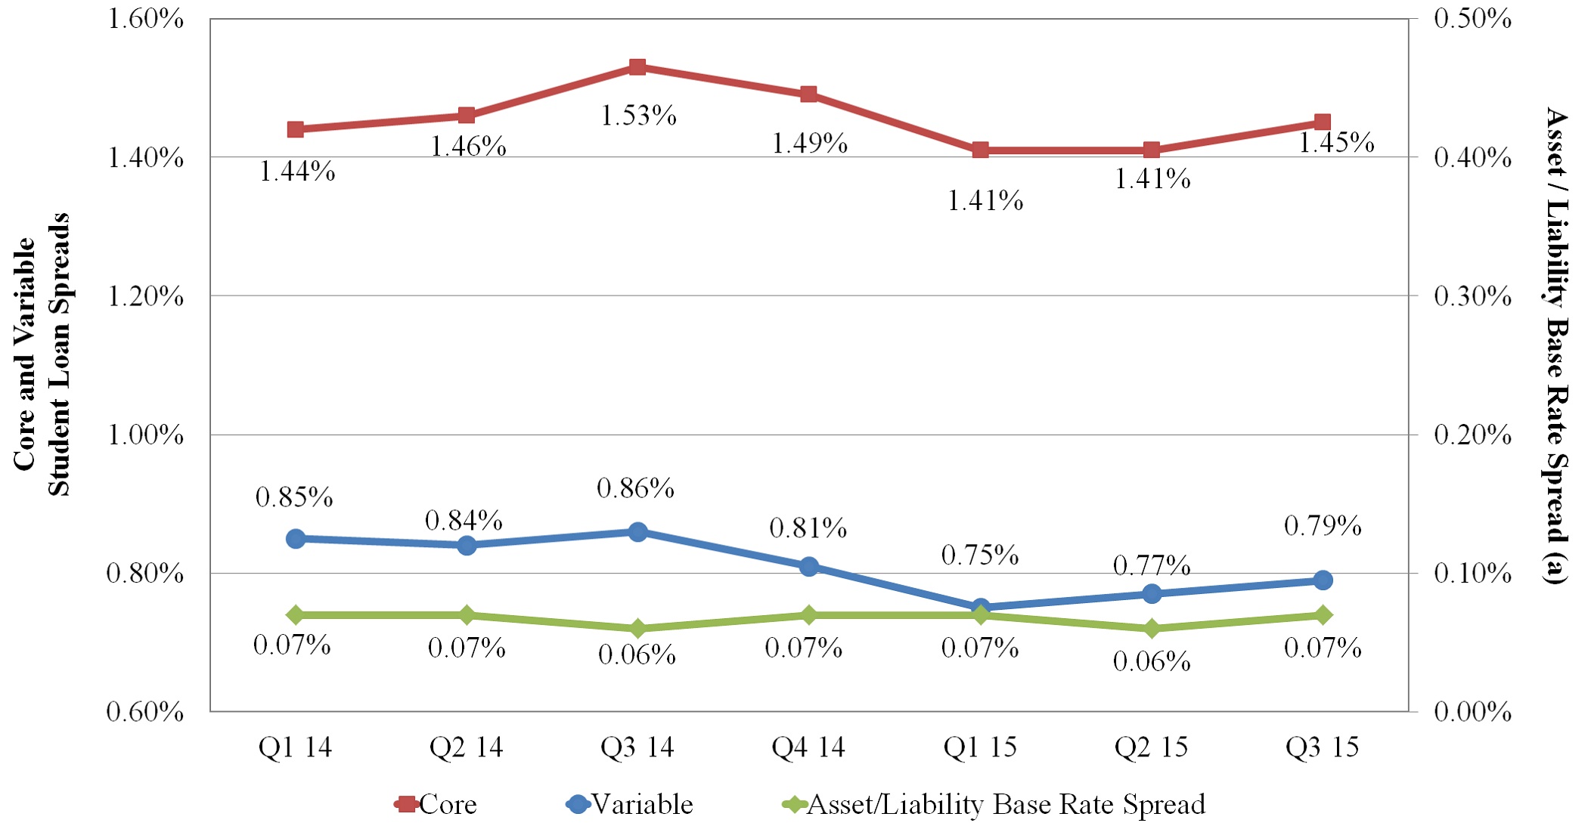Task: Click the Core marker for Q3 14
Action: [x=637, y=67]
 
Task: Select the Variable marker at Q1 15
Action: [x=981, y=607]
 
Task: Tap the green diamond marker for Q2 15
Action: [x=1152, y=629]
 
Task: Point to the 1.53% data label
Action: [x=638, y=116]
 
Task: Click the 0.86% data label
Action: [x=635, y=488]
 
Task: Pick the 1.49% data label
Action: [x=809, y=143]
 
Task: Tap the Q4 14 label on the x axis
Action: [x=808, y=747]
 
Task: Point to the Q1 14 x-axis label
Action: [x=295, y=747]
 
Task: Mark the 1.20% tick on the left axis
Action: [x=145, y=296]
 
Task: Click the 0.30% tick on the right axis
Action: [x=1472, y=296]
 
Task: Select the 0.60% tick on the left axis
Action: [x=145, y=712]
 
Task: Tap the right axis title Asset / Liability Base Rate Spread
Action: [x=1556, y=346]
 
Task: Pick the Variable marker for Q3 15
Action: [x=1323, y=580]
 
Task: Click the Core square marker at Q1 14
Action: [x=296, y=129]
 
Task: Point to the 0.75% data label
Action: [x=980, y=555]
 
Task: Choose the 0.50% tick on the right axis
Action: [x=1472, y=19]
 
